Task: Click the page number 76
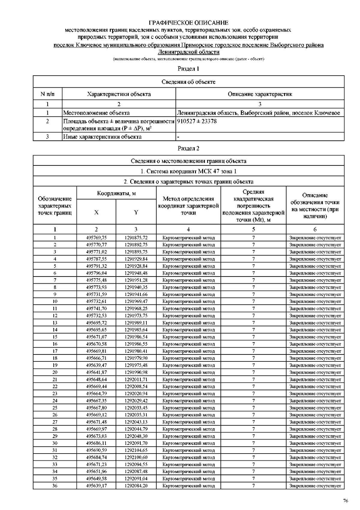tap(346, 501)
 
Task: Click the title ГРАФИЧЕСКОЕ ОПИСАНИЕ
tap(188, 23)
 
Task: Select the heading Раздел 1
tap(188, 69)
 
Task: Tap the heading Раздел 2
tap(188, 148)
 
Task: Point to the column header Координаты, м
tap(116, 193)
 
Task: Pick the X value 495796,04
tap(96, 273)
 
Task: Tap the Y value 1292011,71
tap(136, 379)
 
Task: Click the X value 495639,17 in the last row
tap(96, 486)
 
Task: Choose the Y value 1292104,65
tap(136, 450)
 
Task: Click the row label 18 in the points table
tap(55, 358)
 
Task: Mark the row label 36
tap(55, 486)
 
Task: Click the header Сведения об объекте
tap(188, 82)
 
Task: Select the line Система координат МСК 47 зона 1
tap(188, 171)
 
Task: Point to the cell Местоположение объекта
tap(96, 113)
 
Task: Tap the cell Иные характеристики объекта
tap(102, 137)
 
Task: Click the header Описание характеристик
tap(260, 94)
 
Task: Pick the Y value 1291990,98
tap(136, 372)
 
